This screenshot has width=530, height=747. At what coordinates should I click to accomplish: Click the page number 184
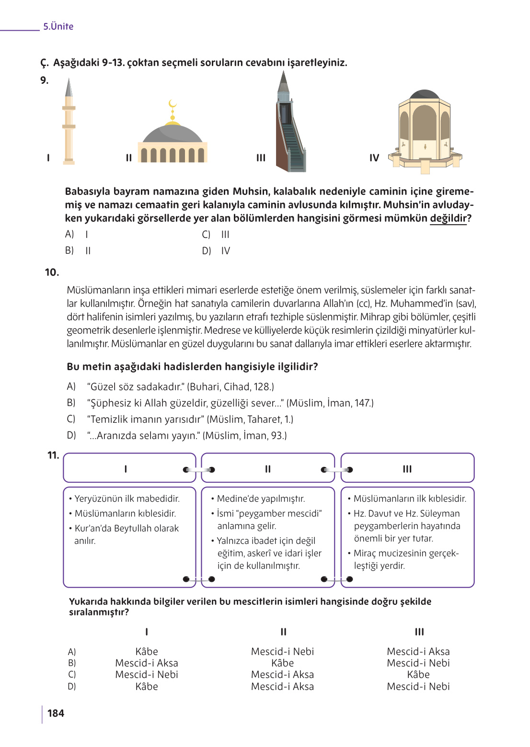pyautogui.click(x=56, y=713)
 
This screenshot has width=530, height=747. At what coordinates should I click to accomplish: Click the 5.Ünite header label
pyautogui.click(x=58, y=26)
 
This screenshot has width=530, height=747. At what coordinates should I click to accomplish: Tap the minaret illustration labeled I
pyautogui.click(x=69, y=124)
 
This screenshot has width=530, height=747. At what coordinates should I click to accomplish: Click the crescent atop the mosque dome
pyautogui.click(x=173, y=103)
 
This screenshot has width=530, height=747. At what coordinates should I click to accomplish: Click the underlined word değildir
pyautogui.click(x=448, y=218)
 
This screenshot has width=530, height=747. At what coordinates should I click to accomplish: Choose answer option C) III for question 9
pyautogui.click(x=216, y=235)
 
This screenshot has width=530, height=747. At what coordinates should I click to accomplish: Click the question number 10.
pyautogui.click(x=52, y=272)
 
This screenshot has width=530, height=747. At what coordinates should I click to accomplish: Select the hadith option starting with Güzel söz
pyautogui.click(x=180, y=387)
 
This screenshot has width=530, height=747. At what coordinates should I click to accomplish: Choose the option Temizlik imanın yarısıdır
pyautogui.click(x=190, y=419)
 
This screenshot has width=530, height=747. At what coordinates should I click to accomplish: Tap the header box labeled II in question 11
pyautogui.click(x=268, y=469)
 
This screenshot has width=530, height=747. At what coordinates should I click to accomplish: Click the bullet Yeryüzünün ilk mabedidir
pyautogui.click(x=127, y=498)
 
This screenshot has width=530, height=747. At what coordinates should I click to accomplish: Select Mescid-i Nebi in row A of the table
pyautogui.click(x=282, y=652)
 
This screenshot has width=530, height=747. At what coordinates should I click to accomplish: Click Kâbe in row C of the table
pyautogui.click(x=418, y=675)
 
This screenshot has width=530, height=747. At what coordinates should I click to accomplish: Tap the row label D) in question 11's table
pyautogui.click(x=72, y=687)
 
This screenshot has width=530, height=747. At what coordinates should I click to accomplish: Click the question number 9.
pyautogui.click(x=45, y=80)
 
